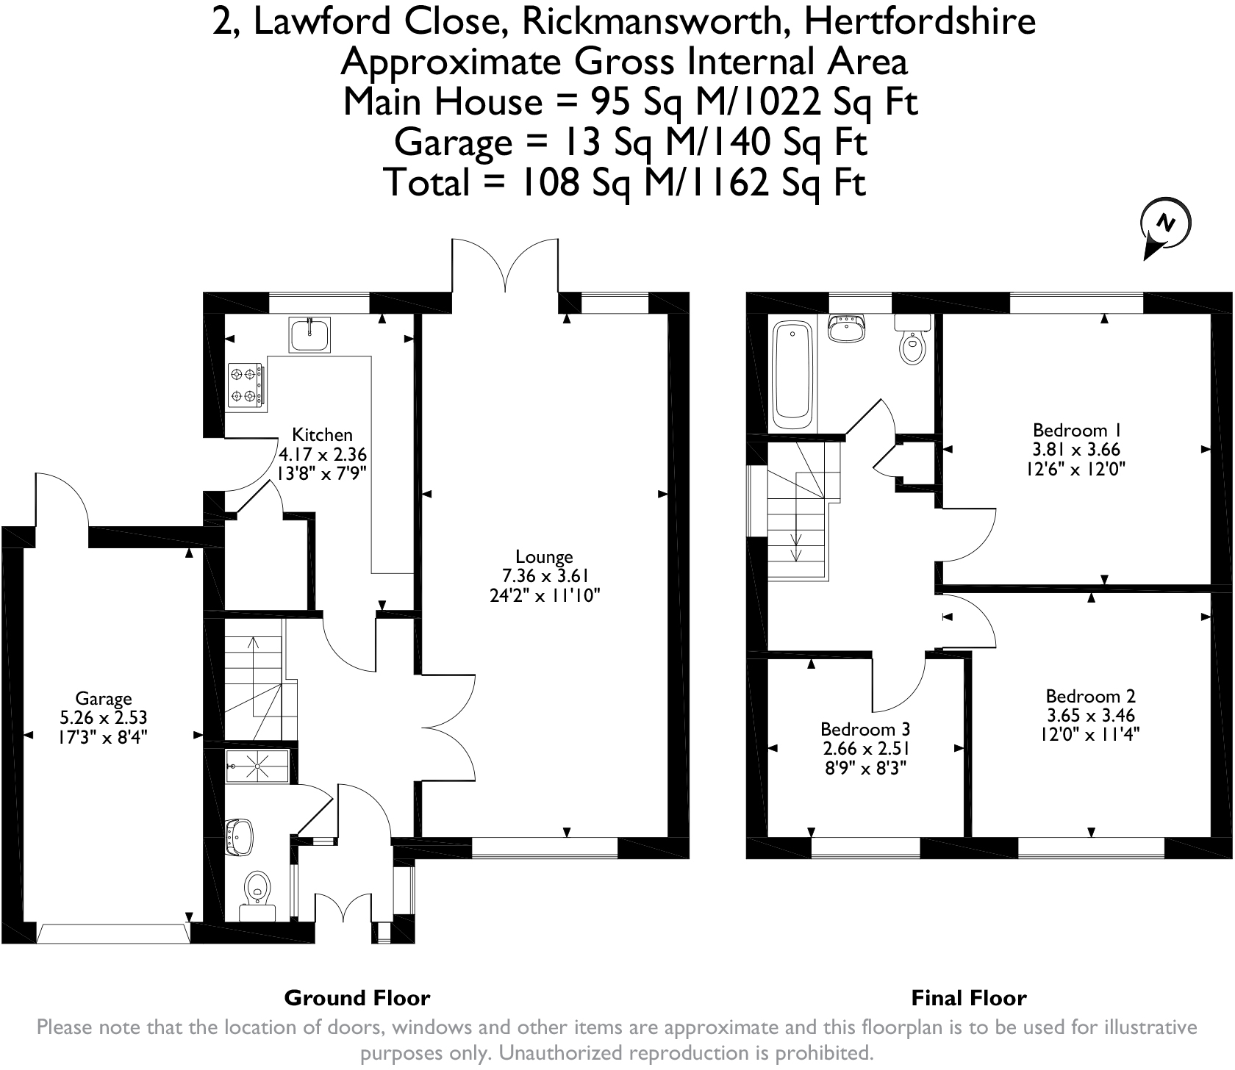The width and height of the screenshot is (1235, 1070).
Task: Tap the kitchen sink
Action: (x=310, y=334)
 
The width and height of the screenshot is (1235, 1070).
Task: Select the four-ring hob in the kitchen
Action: (x=245, y=386)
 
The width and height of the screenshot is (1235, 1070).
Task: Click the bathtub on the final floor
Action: (x=792, y=378)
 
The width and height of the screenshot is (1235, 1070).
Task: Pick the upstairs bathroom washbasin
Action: (x=848, y=328)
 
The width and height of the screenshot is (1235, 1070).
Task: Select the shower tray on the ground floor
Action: (x=259, y=766)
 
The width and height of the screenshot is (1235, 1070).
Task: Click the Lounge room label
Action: (x=544, y=556)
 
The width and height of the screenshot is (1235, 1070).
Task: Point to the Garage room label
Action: (x=104, y=698)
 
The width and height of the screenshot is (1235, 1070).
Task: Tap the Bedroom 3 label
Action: (x=865, y=729)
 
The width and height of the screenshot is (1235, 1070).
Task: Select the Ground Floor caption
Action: (x=357, y=998)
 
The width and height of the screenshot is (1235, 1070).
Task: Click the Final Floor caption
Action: (x=969, y=998)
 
